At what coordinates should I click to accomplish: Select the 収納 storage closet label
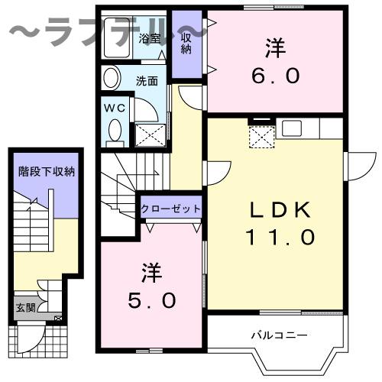[185, 44]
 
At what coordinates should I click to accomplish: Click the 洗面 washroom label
[147, 79]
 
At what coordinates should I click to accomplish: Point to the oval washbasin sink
[112, 79]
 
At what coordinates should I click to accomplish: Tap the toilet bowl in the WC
[115, 131]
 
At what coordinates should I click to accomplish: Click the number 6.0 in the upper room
[275, 76]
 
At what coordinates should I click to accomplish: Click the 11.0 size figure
[279, 238]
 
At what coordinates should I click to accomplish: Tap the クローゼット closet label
[170, 209]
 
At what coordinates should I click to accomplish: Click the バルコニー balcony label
[280, 335]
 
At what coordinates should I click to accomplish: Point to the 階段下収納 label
[47, 172]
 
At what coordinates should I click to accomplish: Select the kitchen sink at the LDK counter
[291, 127]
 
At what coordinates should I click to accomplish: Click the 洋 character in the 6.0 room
[275, 47]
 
